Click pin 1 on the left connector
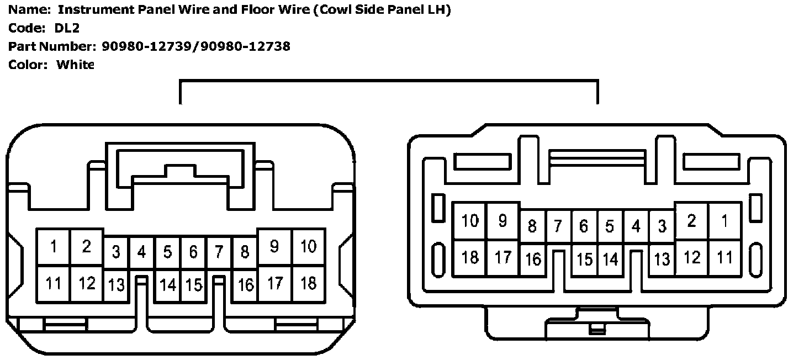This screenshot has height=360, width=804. pyautogui.click(x=54, y=246)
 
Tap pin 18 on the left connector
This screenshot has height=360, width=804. pyautogui.click(x=308, y=283)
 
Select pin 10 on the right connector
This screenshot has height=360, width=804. pyautogui.click(x=470, y=221)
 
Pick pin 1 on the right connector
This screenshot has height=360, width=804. pyautogui.click(x=724, y=221)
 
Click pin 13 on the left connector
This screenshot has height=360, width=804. pyautogui.click(x=117, y=285)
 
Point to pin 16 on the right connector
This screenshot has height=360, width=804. pyautogui.click(x=533, y=260)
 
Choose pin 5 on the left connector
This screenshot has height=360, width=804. pyautogui.click(x=167, y=252)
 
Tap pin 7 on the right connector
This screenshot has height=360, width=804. pyautogui.click(x=558, y=226)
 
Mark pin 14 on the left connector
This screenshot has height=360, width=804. pyautogui.click(x=167, y=285)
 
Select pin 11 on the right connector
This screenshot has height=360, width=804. pyautogui.click(x=724, y=257)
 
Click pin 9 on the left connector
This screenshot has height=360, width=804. pyautogui.click(x=274, y=246)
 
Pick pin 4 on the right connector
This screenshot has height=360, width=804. pyautogui.click(x=636, y=226)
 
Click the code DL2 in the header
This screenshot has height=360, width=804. pyautogui.click(x=67, y=28)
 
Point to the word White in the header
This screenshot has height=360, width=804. pyautogui.click(x=76, y=65)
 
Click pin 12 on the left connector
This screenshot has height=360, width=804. pyautogui.click(x=87, y=283)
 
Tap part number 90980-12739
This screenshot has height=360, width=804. pyautogui.click(x=149, y=46)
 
